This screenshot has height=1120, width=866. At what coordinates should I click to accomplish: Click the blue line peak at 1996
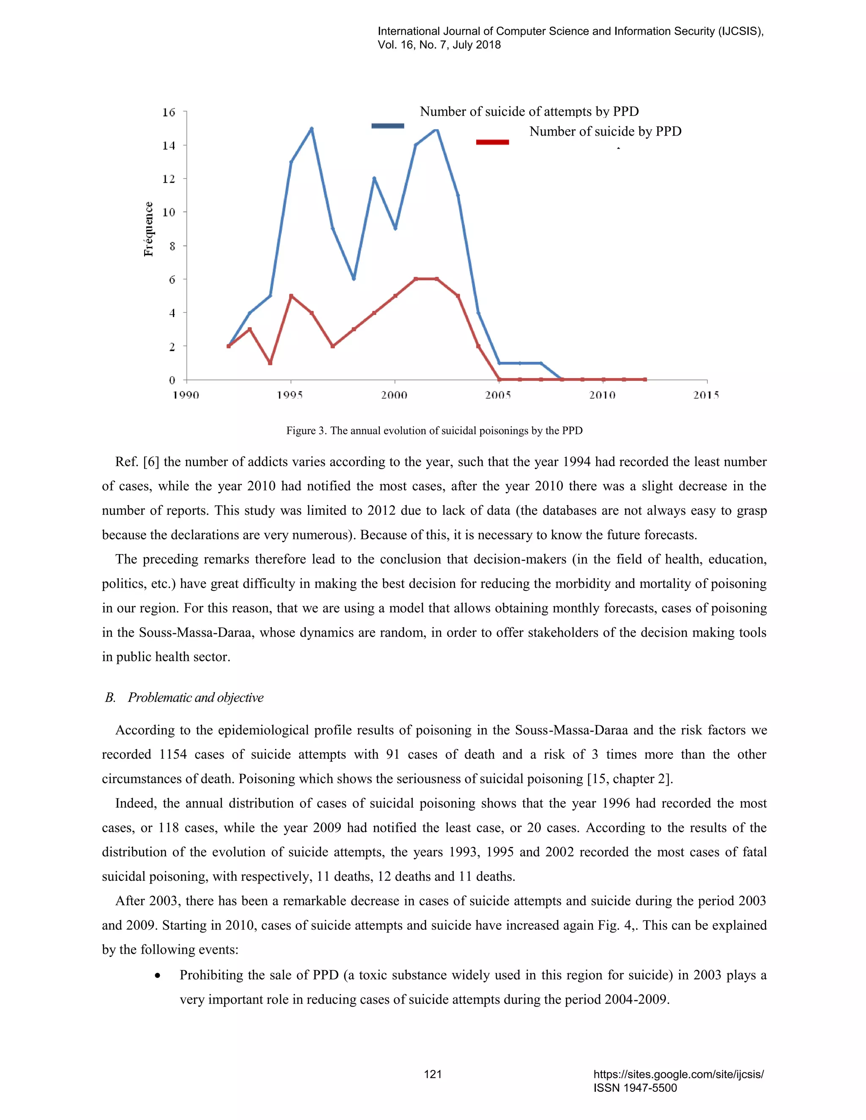pos(311,129)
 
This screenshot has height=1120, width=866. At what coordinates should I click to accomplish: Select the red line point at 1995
pos(291,296)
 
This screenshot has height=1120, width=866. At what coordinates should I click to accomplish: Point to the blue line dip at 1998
pos(354,279)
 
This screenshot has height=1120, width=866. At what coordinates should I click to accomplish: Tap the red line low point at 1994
pos(270,363)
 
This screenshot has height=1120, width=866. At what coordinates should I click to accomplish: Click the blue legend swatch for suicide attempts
pos(387,126)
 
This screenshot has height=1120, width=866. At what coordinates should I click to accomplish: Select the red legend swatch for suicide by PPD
pos(492,142)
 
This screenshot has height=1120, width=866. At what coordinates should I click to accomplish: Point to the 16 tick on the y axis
pos(169,112)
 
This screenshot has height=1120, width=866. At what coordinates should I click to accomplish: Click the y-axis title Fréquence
pos(148,229)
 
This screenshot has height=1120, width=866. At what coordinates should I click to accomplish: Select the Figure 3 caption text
pos(434,430)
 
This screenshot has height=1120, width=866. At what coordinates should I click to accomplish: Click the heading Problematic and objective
pos(195,697)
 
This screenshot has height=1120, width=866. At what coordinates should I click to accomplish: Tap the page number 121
pos(433,1074)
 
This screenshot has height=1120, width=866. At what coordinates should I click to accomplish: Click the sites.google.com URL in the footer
pos(678,1074)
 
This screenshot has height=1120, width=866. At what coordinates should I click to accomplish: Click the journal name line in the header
pos(570,31)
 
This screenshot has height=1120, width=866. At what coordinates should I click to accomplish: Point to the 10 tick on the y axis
pos(169,212)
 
